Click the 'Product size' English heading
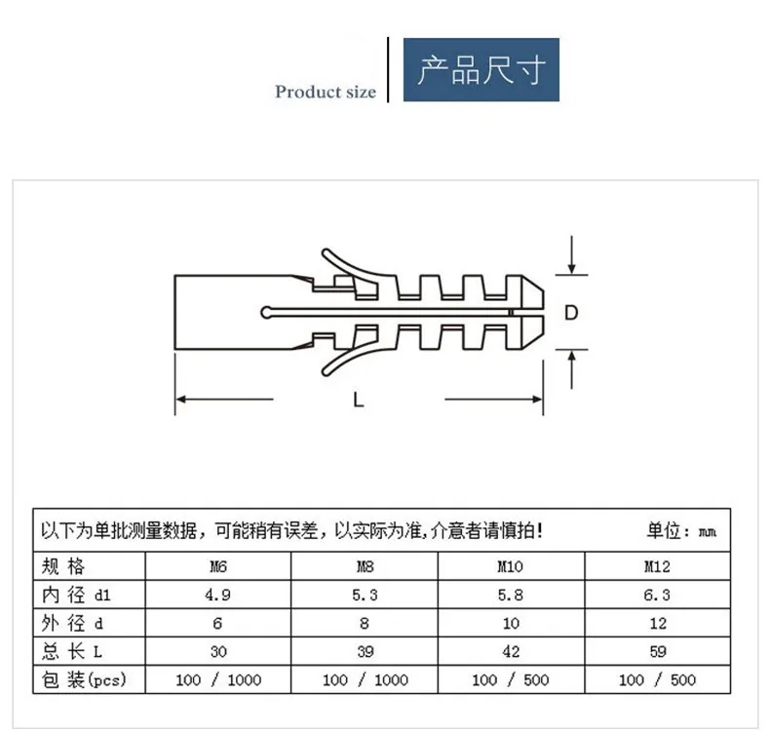[326, 92]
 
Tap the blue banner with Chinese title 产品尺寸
[481, 70]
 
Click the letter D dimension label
[571, 313]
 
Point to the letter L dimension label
[359, 401]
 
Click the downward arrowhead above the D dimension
[571, 269]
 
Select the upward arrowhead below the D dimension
[571, 357]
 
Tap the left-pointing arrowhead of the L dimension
[181, 399]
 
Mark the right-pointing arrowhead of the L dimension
[537, 399]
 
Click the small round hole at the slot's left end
[266, 312]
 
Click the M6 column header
[218, 566]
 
